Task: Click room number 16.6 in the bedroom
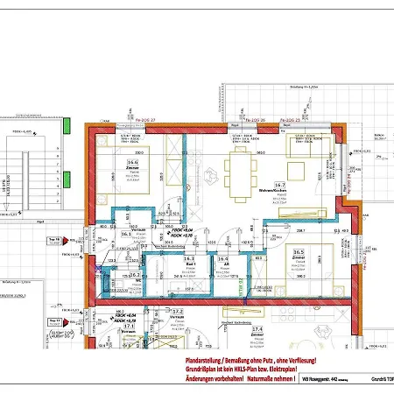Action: click(132, 162)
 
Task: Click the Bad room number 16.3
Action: click(188, 259)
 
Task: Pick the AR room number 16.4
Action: click(223, 259)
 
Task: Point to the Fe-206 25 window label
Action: click(289, 120)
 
